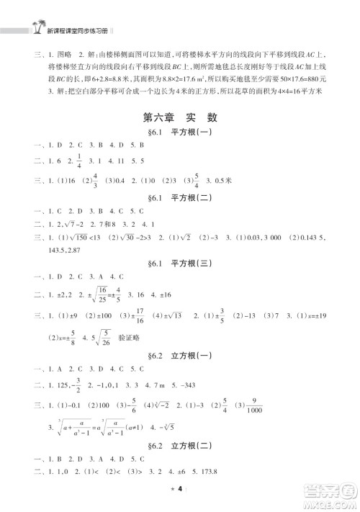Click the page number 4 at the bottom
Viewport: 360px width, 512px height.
tap(180, 489)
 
